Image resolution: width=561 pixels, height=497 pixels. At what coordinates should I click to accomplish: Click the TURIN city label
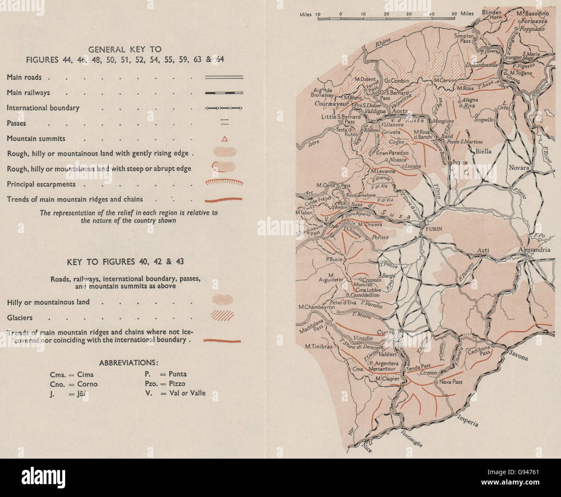[434, 229]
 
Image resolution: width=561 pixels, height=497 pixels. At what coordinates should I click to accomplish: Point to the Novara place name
[519, 168]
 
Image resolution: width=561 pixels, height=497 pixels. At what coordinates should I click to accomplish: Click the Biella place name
[483, 151]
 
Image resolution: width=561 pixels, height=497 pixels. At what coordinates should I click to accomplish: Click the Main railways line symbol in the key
[224, 93]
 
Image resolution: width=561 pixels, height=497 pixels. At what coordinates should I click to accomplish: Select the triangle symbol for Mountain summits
[224, 139]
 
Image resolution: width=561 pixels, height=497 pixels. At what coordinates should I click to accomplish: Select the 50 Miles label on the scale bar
[461, 14]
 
